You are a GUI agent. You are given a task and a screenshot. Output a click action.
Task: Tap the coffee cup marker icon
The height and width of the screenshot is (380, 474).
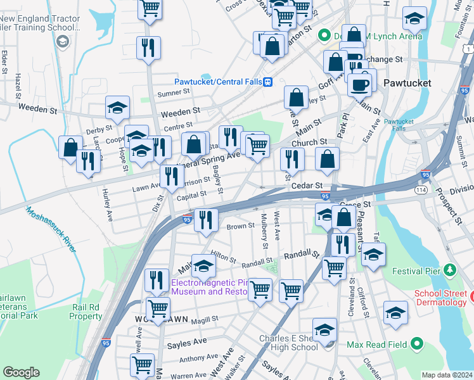(360, 84)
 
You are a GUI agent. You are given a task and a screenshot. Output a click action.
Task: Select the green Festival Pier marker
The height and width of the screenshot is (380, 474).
(450, 271)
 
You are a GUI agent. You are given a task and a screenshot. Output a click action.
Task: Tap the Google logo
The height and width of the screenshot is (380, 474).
(21, 372)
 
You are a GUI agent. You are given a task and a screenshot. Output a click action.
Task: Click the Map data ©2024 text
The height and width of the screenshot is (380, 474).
(447, 375)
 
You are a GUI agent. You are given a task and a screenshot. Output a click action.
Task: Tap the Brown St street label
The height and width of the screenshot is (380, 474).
(240, 225)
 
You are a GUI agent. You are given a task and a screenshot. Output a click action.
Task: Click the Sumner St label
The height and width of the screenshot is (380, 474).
(174, 92)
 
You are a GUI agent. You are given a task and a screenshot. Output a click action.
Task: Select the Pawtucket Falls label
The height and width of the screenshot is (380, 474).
(399, 125)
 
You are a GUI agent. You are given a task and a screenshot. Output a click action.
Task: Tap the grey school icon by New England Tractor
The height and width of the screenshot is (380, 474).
(62, 42)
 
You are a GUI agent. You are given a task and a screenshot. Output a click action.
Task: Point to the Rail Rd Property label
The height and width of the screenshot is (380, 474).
(86, 312)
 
